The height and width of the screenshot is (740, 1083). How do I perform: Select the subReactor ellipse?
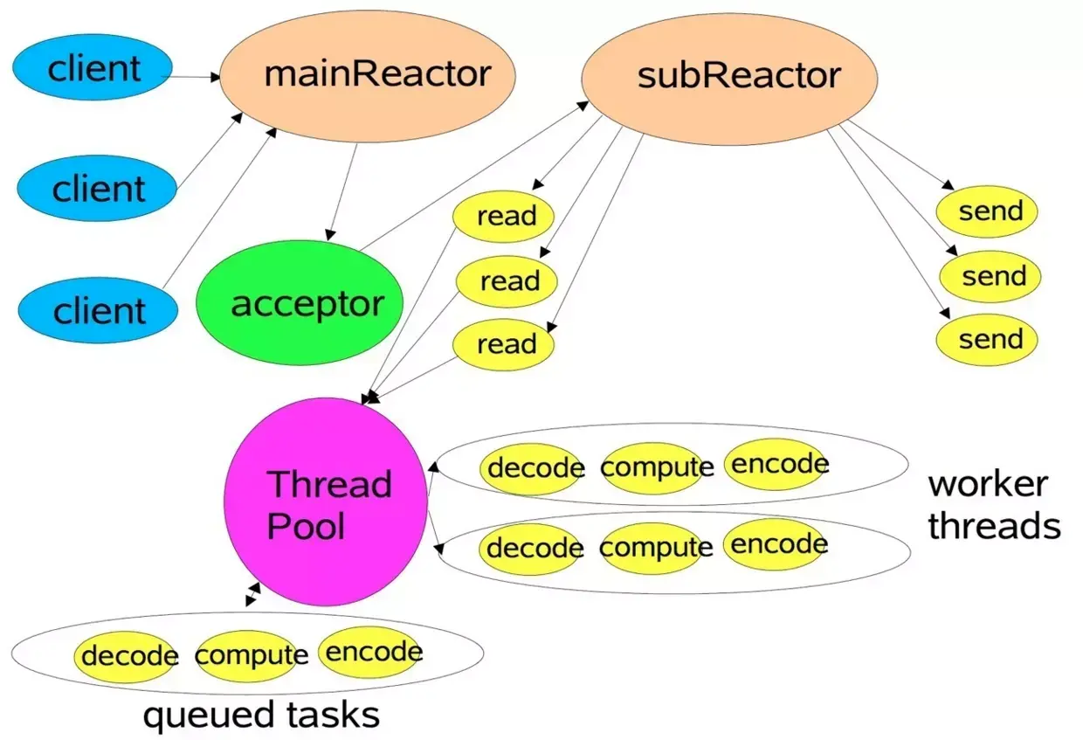click(x=728, y=76)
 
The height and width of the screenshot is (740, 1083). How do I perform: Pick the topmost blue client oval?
click(x=93, y=68)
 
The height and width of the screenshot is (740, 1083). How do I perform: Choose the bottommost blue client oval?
click(x=98, y=311)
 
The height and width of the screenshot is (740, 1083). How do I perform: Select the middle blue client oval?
click(x=98, y=189)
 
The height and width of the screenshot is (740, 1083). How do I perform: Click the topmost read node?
click(x=503, y=216)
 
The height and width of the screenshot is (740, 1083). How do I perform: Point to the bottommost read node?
click(x=504, y=343)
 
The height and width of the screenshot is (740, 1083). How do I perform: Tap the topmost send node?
click(x=987, y=211)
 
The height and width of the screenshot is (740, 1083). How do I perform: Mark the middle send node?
click(x=990, y=277)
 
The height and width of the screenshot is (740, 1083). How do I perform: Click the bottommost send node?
click(x=987, y=340)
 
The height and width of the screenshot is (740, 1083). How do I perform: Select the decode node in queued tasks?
click(x=127, y=655)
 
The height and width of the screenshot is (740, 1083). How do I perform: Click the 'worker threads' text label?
click(x=993, y=505)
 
